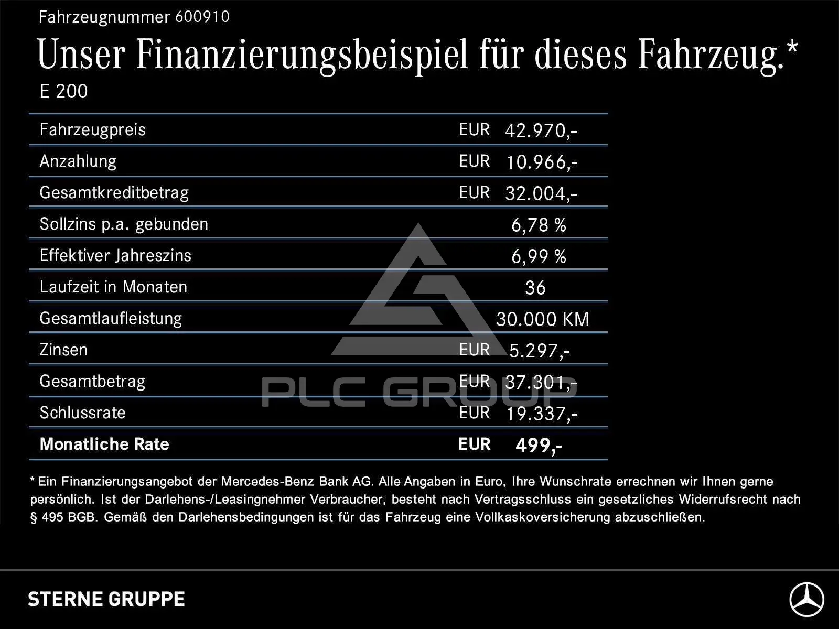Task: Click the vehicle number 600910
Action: (202, 17)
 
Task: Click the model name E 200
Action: (64, 91)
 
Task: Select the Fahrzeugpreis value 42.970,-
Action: (541, 131)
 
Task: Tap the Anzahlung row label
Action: (78, 161)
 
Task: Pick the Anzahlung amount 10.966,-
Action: (542, 162)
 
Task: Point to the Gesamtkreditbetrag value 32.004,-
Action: (541, 193)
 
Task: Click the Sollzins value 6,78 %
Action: (539, 225)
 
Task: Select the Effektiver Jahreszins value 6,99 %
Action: (539, 256)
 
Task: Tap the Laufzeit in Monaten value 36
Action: (535, 288)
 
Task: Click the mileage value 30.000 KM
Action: (543, 319)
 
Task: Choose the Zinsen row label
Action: (63, 350)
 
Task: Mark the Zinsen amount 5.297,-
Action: (540, 351)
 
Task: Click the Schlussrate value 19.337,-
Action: (542, 414)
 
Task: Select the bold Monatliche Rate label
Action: (104, 444)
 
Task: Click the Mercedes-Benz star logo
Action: (807, 599)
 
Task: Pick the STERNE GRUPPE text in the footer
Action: (106, 599)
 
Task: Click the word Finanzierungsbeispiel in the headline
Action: (302, 56)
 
